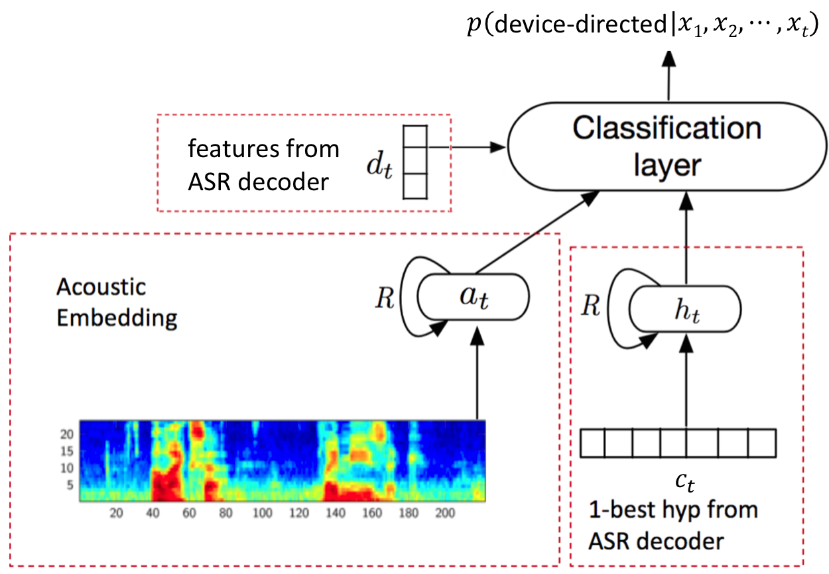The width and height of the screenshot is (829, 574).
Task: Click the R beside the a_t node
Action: pos(385,298)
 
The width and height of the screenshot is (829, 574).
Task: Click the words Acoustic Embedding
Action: pos(117,303)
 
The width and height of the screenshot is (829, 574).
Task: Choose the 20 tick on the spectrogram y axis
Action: pos(66,434)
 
